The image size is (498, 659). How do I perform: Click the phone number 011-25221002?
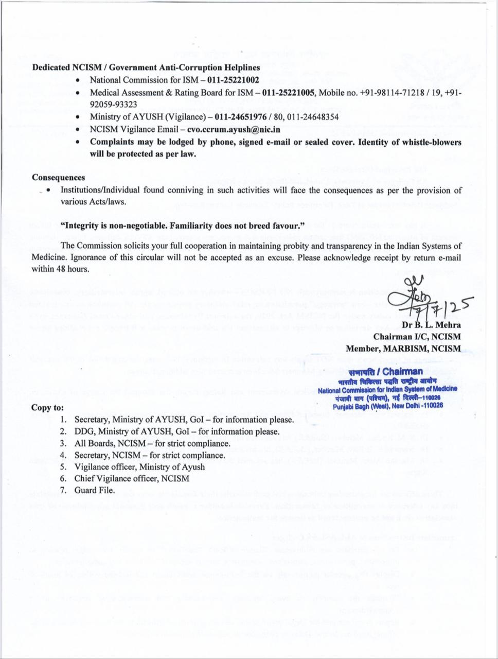[233, 80]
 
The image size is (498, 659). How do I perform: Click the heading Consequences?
[58, 178]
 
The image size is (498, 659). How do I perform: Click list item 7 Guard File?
[95, 490]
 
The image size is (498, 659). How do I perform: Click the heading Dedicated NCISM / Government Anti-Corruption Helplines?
[146, 67]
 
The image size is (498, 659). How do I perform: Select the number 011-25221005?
[289, 93]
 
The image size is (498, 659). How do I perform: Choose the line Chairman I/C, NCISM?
[424, 337]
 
